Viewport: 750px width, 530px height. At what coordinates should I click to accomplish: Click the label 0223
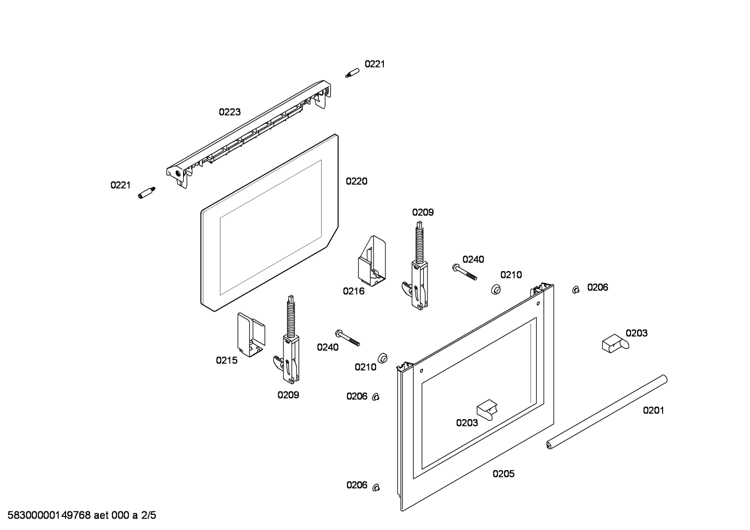pyautogui.click(x=229, y=112)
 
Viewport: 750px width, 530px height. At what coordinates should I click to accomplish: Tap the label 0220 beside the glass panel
pyautogui.click(x=356, y=181)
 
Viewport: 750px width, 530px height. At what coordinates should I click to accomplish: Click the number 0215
pyautogui.click(x=227, y=360)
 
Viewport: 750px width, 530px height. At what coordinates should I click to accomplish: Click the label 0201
pyautogui.click(x=653, y=410)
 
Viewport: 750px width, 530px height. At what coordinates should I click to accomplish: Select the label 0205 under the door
pyautogui.click(x=503, y=474)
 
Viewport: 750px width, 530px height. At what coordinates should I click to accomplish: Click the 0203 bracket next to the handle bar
pyautogui.click(x=614, y=343)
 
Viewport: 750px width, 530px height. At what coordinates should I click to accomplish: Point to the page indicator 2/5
pyautogui.click(x=148, y=516)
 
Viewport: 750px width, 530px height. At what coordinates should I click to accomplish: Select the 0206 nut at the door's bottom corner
pyautogui.click(x=377, y=487)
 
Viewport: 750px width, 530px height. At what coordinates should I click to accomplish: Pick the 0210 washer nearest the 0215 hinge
pyautogui.click(x=383, y=357)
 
